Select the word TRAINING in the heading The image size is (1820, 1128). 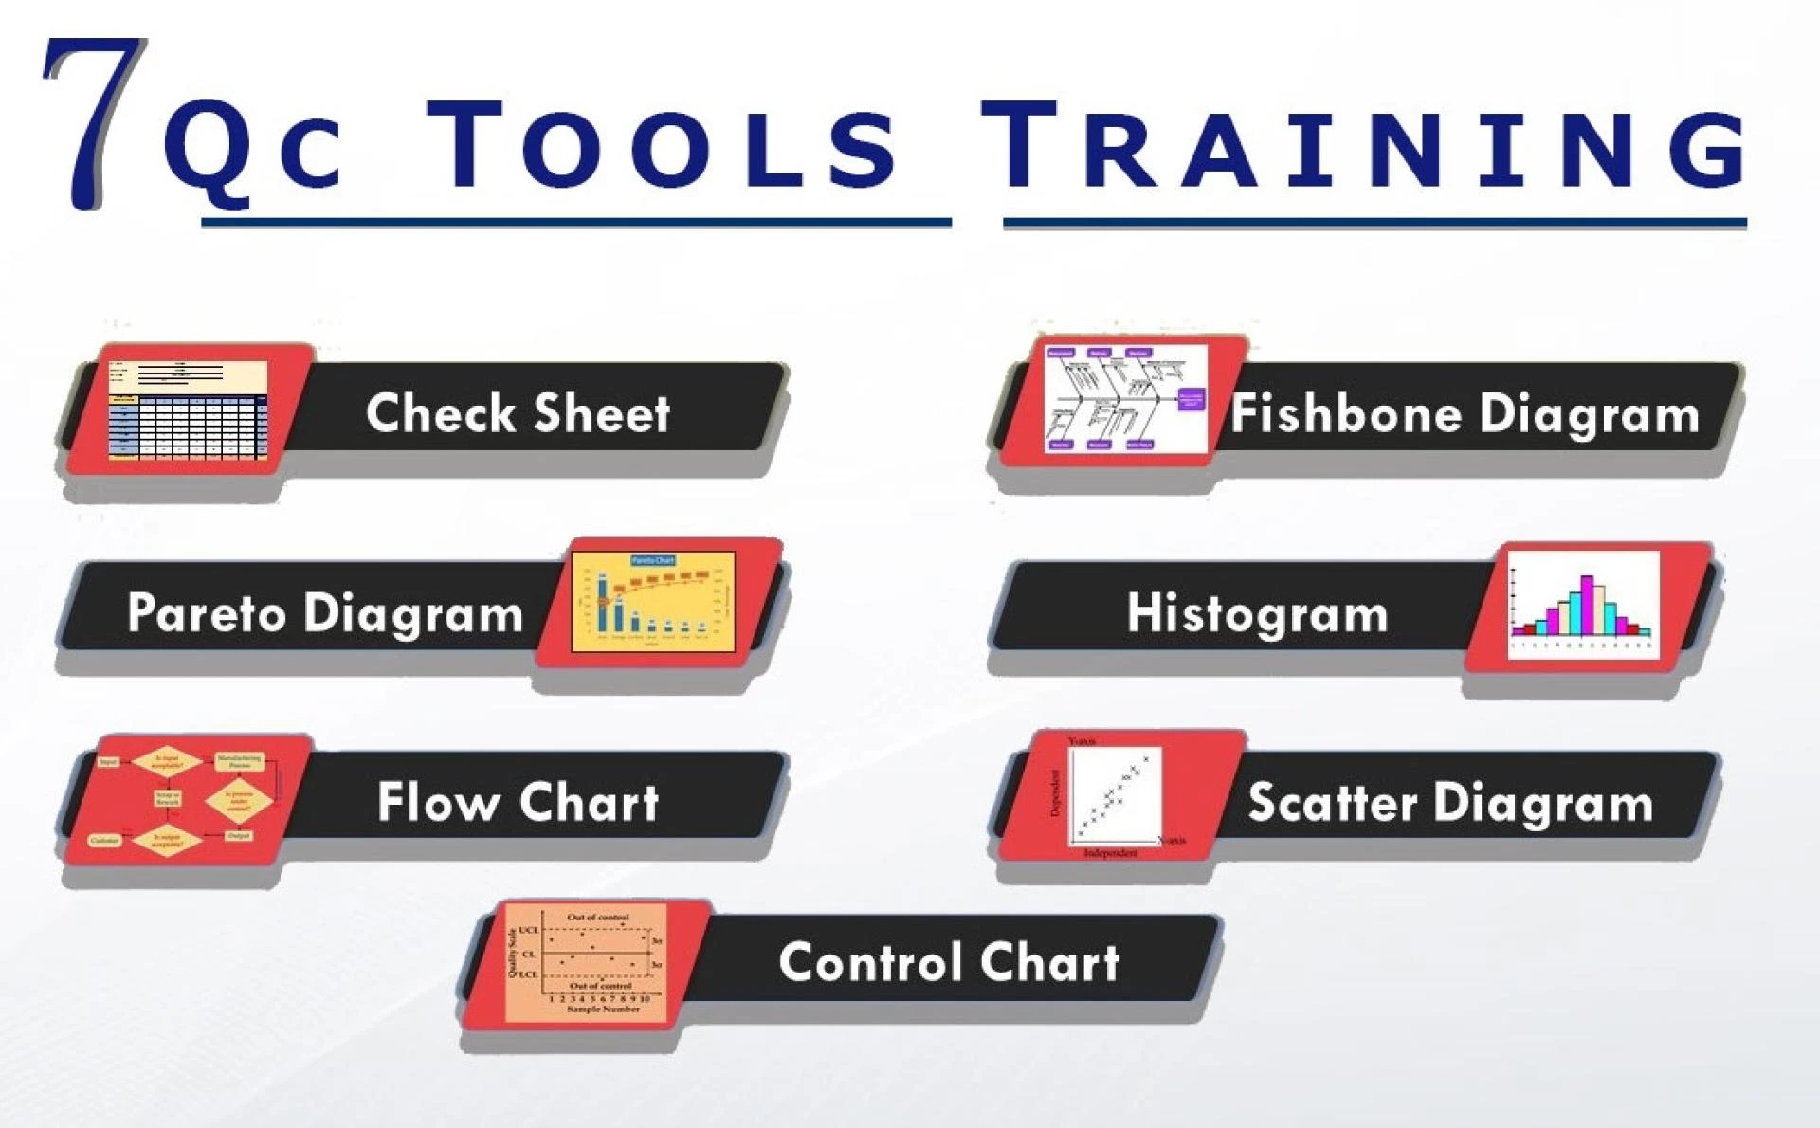tap(1365, 147)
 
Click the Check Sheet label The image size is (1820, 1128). tap(518, 413)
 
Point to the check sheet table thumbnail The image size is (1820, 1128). tap(188, 410)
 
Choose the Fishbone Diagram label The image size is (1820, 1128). tap(1465, 414)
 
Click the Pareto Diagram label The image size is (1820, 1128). tap(325, 612)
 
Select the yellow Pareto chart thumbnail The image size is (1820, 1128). tap(653, 602)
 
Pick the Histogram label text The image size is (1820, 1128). tap(1257, 612)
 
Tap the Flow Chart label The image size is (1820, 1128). tap(518, 802)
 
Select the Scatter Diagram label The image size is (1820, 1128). tap(1450, 803)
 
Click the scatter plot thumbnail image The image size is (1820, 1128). tap(1114, 794)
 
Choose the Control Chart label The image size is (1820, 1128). tap(949, 962)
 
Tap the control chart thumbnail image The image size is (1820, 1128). tap(586, 962)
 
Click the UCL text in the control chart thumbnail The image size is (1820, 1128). tap(529, 931)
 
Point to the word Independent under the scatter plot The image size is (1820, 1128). tap(1110, 853)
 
